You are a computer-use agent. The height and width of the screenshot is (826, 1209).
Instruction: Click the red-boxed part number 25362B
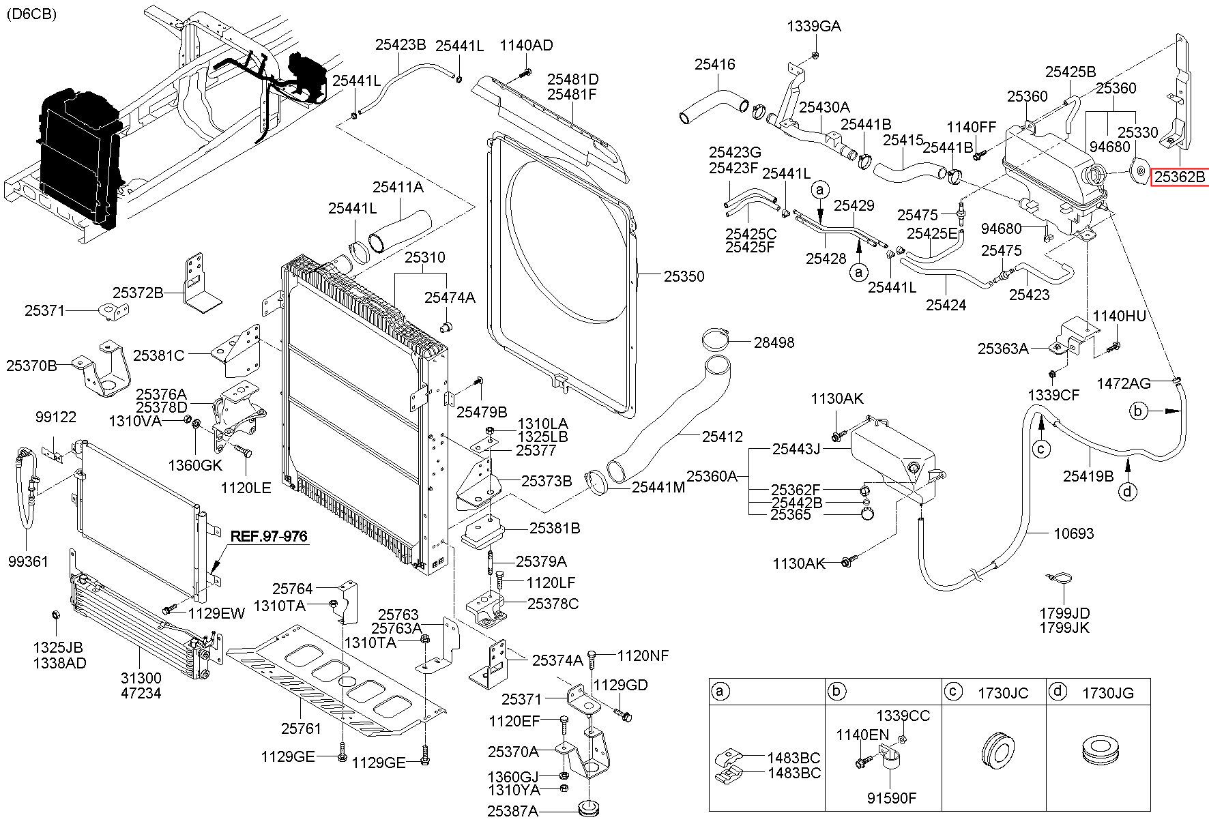pyautogui.click(x=1180, y=177)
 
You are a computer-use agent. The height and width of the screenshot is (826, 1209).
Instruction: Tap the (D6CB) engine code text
pyautogui.click(x=32, y=14)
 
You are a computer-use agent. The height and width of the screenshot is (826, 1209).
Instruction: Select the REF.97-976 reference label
pyautogui.click(x=269, y=536)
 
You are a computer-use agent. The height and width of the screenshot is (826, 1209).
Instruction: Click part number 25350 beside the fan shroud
pyautogui.click(x=684, y=276)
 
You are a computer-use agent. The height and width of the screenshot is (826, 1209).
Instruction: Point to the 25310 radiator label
pyautogui.click(x=424, y=258)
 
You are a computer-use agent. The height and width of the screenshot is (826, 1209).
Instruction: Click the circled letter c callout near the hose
pyautogui.click(x=1040, y=448)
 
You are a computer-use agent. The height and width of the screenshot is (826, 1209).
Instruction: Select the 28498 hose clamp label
pyautogui.click(x=774, y=342)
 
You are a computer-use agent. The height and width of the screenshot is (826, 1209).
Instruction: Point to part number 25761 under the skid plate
pyautogui.click(x=301, y=728)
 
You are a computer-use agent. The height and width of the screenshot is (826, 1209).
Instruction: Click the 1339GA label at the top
pyautogui.click(x=813, y=27)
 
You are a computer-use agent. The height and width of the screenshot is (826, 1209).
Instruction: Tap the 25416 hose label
pyautogui.click(x=715, y=65)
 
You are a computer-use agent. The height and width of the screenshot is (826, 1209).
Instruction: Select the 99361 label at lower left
pyautogui.click(x=28, y=561)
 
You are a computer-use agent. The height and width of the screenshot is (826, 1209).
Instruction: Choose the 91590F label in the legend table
pyautogui.click(x=892, y=798)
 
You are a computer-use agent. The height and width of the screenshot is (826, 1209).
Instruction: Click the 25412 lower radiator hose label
pyautogui.click(x=723, y=437)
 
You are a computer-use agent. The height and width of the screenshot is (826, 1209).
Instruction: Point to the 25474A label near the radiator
pyautogui.click(x=450, y=297)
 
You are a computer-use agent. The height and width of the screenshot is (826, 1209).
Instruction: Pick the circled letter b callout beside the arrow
pyautogui.click(x=1137, y=411)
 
